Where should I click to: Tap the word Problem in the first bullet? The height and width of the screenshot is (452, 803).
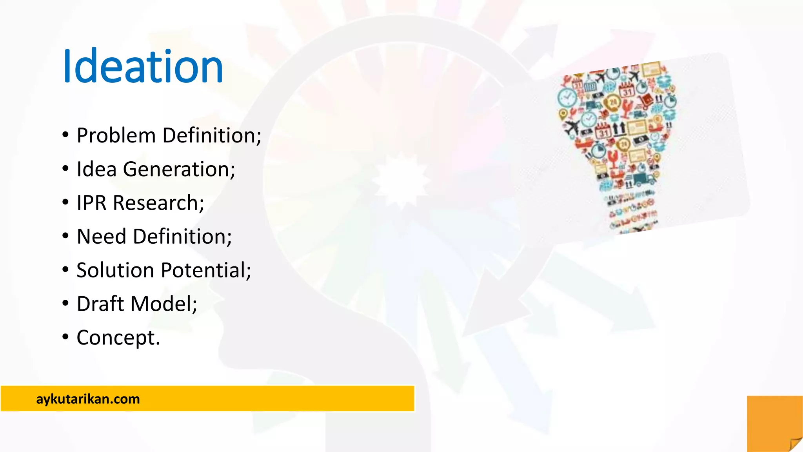(x=116, y=136)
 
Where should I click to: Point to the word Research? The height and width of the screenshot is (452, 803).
(x=158, y=203)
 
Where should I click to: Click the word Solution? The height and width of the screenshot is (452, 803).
(x=115, y=270)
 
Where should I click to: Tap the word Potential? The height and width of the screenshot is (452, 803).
(x=206, y=270)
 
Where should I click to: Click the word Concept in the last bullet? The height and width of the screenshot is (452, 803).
(x=118, y=338)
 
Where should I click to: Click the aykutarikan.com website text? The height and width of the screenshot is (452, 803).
(x=88, y=399)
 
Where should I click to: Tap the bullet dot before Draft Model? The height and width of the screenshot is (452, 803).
(x=65, y=303)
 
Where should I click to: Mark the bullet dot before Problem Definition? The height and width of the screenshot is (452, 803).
(x=65, y=135)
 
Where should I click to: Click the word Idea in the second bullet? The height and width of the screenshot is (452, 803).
(x=96, y=169)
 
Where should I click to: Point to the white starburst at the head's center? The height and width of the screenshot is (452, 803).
(x=400, y=180)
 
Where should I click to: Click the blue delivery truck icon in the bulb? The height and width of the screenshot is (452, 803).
(x=643, y=179)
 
